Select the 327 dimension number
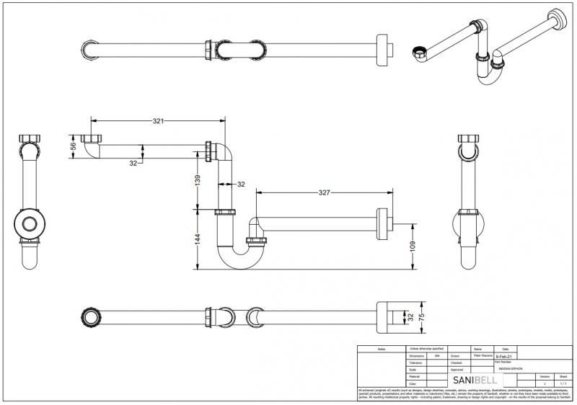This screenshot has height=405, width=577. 323,193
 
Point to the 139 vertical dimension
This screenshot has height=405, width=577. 197,180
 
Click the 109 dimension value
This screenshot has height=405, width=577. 413,246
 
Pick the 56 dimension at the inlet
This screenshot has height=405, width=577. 73,146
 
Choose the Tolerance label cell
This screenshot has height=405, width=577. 415,362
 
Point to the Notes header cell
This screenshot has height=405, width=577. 382,349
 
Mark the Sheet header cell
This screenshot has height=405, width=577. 563,376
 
